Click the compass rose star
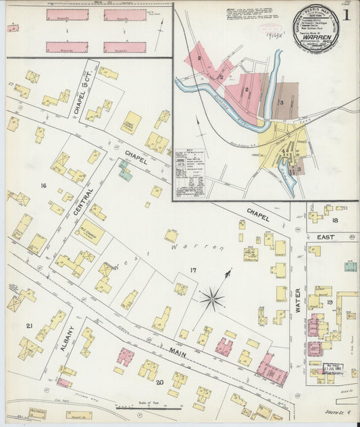(213, 295)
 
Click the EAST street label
(326, 237)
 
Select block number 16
(43, 185)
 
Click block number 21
(29, 326)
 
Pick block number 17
(192, 270)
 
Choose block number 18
(334, 220)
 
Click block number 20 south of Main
(160, 383)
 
